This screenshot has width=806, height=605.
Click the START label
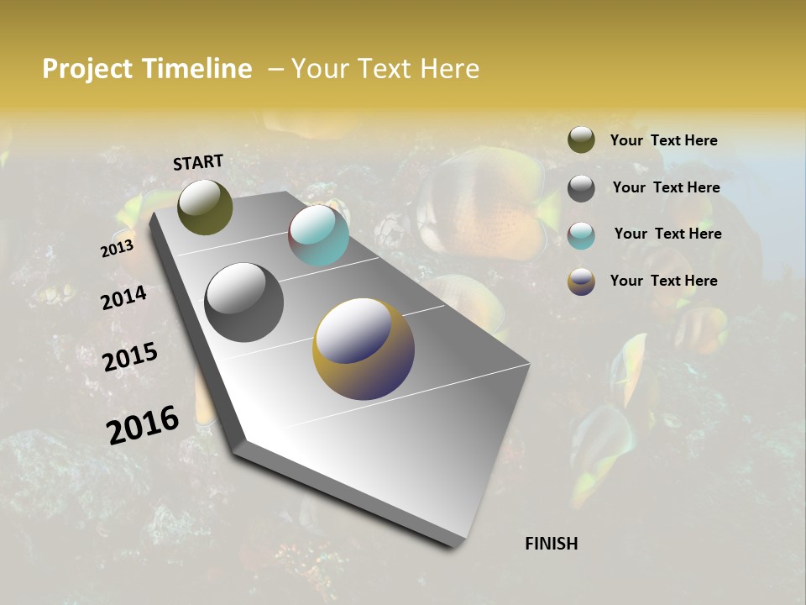(x=198, y=162)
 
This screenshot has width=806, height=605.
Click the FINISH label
(x=551, y=544)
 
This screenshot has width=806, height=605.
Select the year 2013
(x=117, y=249)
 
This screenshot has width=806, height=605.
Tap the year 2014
(x=123, y=297)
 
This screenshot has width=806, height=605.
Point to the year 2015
(x=130, y=357)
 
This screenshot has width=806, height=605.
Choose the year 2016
(x=143, y=424)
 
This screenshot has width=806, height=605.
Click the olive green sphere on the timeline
(x=205, y=207)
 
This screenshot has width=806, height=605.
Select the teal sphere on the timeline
(x=318, y=235)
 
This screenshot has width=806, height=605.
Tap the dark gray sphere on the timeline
(x=243, y=302)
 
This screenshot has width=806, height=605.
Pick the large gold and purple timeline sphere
(x=364, y=348)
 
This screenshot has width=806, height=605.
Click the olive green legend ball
(x=581, y=139)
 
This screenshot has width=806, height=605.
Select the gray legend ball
(x=581, y=187)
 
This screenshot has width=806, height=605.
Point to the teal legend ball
(x=581, y=234)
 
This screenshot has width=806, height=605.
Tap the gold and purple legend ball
(x=581, y=281)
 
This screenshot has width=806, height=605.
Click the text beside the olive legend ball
(x=663, y=140)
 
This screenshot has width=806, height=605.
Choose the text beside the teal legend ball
(x=667, y=234)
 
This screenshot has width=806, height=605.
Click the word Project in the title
(x=87, y=69)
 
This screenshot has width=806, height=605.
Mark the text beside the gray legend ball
(x=666, y=187)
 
